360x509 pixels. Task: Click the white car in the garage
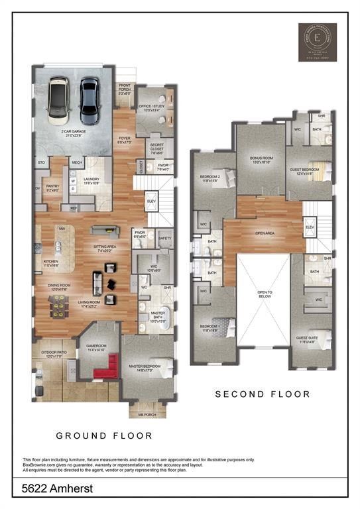click(x=58, y=101)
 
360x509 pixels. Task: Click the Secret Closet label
click(x=157, y=147)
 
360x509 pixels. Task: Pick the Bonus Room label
click(x=261, y=160)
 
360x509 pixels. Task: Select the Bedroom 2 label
click(x=211, y=178)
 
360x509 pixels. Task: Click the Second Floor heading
click(x=263, y=394)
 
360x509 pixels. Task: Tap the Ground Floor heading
click(x=104, y=436)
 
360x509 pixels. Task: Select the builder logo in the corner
click(x=317, y=42)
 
